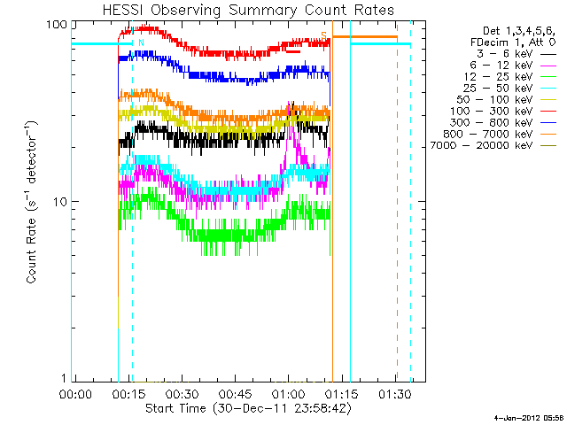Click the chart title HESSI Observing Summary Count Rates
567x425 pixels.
pyautogui.click(x=247, y=10)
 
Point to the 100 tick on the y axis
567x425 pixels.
pyautogui.click(x=57, y=23)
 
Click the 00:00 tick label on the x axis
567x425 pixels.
pyautogui.click(x=74, y=393)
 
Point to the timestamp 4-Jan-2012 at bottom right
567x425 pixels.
pyautogui.click(x=522, y=417)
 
